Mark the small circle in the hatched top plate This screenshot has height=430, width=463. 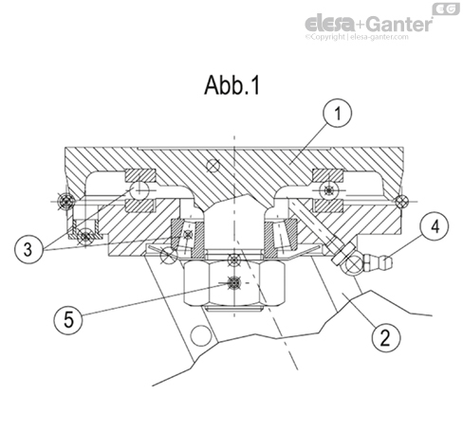(219, 167)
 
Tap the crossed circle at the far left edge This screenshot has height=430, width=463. (64, 201)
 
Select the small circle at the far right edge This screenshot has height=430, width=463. (403, 201)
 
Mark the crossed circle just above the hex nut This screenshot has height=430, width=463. (233, 258)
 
